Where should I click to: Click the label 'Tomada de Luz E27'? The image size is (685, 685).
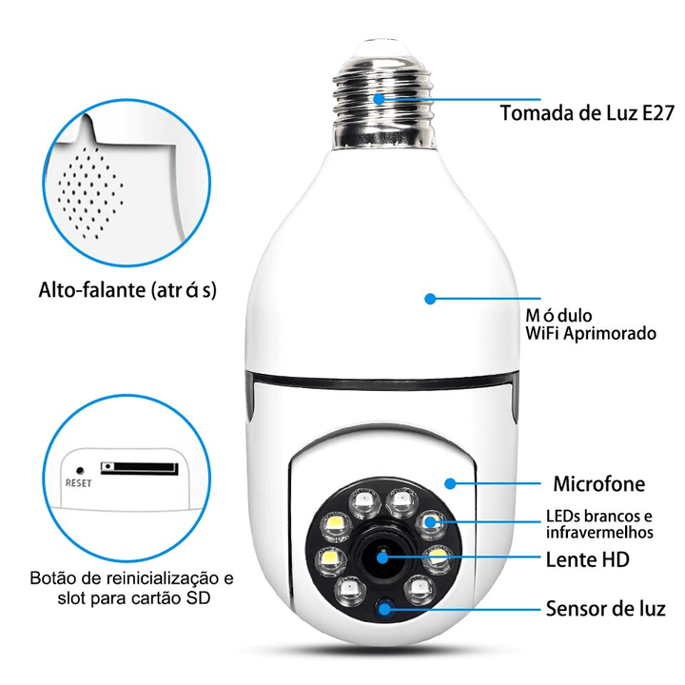click(587, 113)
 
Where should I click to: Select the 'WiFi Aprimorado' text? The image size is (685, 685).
click(591, 334)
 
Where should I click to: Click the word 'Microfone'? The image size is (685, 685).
click(599, 484)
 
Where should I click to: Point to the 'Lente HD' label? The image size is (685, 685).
click(588, 558)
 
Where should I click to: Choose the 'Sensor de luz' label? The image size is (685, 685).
click(605, 608)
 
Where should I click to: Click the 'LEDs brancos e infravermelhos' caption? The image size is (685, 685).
click(599, 523)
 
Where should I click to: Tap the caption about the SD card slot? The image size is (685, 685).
click(131, 588)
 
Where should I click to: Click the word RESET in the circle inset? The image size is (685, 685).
click(78, 481)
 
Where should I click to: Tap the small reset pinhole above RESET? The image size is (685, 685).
click(79, 468)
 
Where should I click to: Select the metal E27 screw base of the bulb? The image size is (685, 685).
click(381, 96)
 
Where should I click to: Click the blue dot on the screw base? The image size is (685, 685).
click(379, 98)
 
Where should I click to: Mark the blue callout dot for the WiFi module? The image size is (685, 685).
click(430, 299)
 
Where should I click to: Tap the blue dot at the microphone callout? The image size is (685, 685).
click(450, 483)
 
